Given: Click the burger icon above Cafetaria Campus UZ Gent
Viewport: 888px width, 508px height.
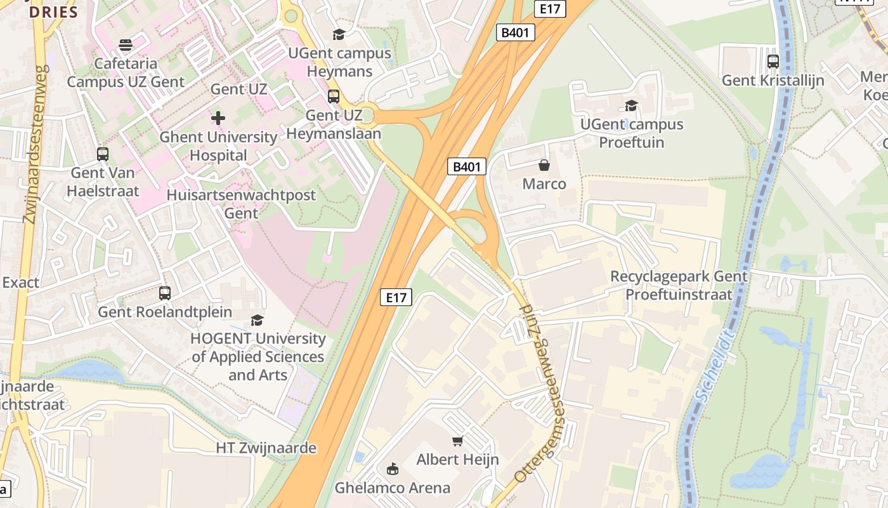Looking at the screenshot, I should tap(126, 45).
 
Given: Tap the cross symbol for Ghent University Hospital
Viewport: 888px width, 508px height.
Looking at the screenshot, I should tap(218, 118).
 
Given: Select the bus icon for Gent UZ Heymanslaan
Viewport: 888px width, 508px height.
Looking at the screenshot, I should tap(334, 97).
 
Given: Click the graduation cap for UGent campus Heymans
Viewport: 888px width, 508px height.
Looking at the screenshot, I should tap(339, 34).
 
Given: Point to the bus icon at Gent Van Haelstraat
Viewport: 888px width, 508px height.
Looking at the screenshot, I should tap(102, 154).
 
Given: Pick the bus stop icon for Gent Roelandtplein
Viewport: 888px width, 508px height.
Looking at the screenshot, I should tap(165, 293).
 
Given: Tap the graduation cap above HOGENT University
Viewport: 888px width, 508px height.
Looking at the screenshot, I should tap(257, 320).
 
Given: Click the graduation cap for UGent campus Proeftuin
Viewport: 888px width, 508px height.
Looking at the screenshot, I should tap(631, 105).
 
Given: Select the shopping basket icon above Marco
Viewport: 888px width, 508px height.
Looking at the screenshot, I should tap(544, 166).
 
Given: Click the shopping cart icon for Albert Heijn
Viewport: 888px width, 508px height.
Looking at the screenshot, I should tap(457, 441).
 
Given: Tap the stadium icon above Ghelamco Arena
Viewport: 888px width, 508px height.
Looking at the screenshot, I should tap(393, 469).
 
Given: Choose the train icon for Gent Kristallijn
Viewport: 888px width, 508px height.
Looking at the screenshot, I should tap(773, 62).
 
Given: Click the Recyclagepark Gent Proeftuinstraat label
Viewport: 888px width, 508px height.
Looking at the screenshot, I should tap(679, 286).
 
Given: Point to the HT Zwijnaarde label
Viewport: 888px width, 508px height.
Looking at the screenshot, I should tap(266, 448).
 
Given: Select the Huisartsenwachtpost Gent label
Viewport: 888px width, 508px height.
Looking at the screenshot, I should tap(241, 204).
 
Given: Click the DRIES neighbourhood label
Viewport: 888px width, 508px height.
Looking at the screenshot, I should tap(53, 12).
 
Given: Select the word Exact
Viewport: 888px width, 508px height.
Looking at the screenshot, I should tap(20, 283).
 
